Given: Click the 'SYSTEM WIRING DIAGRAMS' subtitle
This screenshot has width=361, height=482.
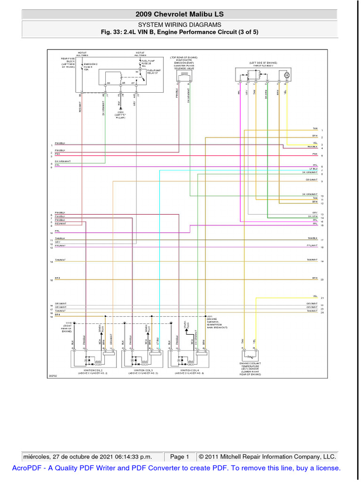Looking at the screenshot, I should tap(180, 24).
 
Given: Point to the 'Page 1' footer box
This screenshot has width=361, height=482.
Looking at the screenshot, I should tap(180, 457).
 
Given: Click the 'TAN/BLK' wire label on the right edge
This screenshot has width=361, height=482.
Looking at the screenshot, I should tap(313, 238).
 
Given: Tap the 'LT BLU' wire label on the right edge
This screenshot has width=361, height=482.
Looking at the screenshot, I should tap(314, 169).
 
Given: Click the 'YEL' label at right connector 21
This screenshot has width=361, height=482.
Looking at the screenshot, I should tap(315, 296).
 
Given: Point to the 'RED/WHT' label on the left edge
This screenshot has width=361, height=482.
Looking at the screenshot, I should tap(60, 224).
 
